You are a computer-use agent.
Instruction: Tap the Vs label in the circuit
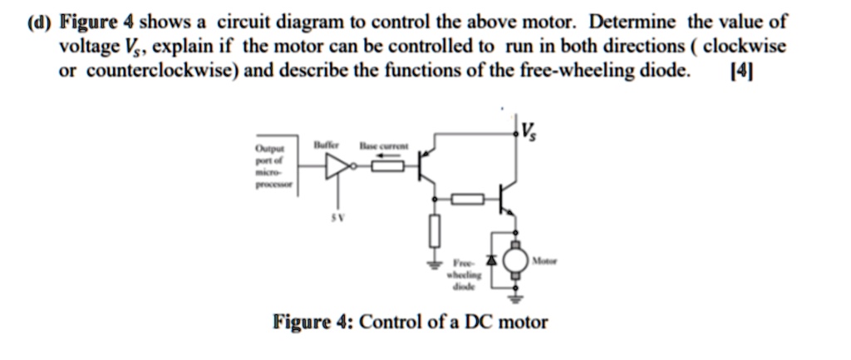(x=528, y=131)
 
